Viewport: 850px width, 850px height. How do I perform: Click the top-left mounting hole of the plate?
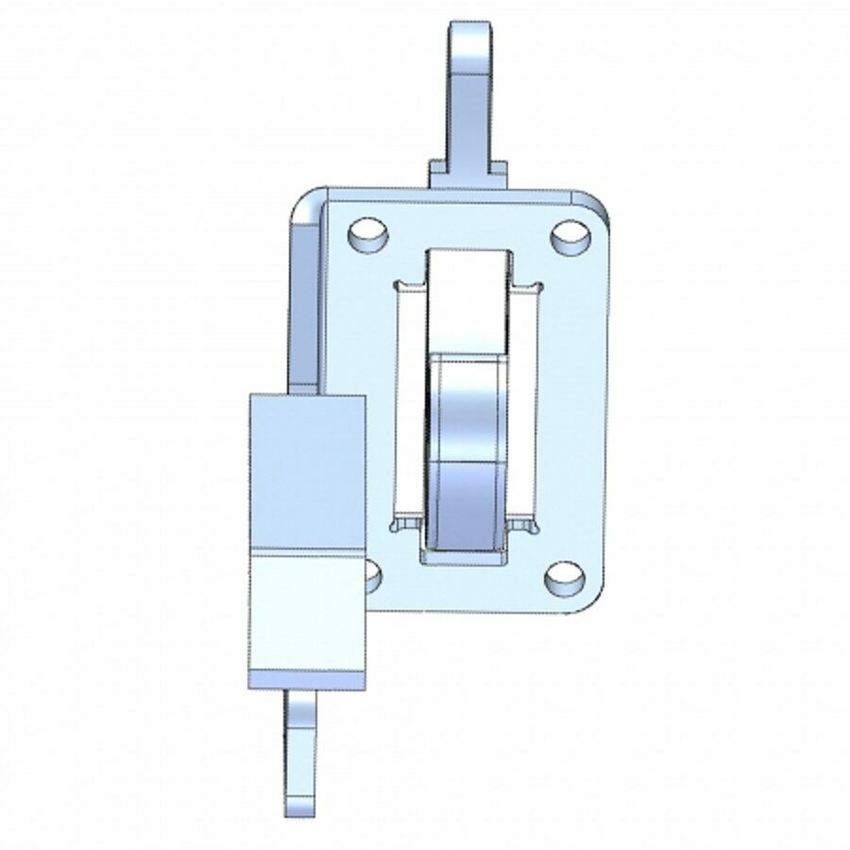366,233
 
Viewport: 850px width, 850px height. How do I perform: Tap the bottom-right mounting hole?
564,577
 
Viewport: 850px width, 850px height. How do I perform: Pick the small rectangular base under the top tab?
468,173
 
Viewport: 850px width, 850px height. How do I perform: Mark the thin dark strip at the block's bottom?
307,679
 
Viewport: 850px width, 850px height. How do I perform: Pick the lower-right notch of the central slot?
525,522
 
